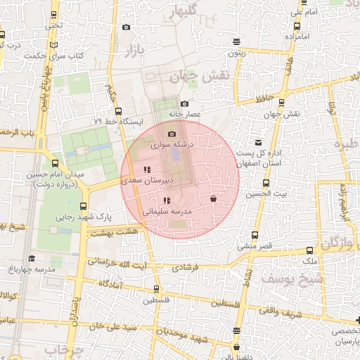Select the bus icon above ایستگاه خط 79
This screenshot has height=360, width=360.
coord(117,110)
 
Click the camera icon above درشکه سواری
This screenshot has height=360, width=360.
coord(172,134)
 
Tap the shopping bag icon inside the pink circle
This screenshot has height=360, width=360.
coord(213,199)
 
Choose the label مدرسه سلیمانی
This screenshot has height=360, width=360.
coord(166,210)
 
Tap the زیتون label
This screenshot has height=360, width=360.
coord(236,53)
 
